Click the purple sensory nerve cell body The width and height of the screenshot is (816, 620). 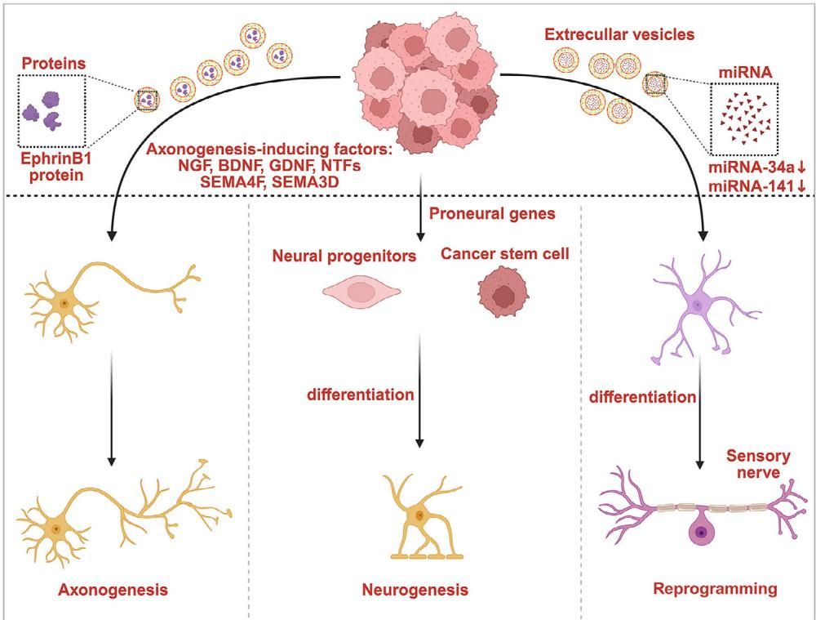pos(699,534)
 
